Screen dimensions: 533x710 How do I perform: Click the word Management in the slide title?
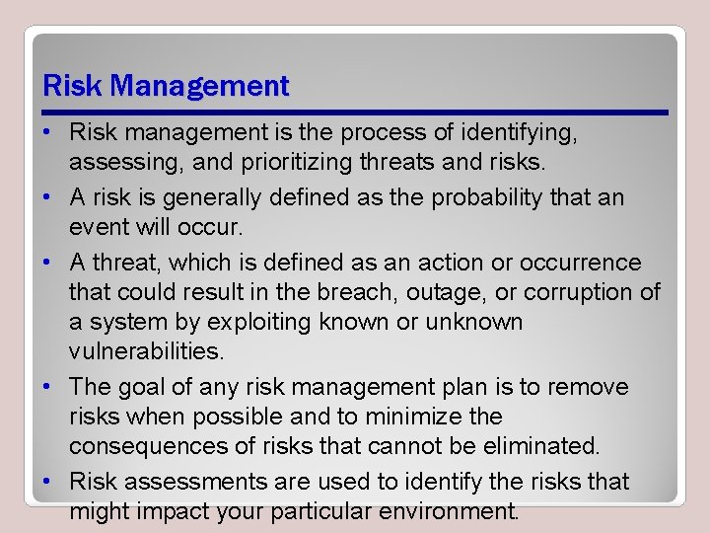pos(200,87)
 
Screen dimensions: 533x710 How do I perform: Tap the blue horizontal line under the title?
pos(355,113)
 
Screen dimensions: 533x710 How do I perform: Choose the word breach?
pos(379,293)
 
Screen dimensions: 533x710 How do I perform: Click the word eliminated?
pos(532,447)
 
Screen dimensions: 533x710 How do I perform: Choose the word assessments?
pos(183,482)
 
